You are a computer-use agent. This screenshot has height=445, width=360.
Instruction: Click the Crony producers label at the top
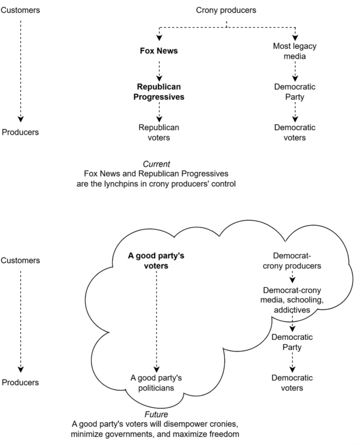pyautogui.click(x=226, y=10)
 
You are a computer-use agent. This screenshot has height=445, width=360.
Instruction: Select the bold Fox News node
pyautogui.click(x=159, y=51)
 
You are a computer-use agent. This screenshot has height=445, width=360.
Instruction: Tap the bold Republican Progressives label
pyautogui.click(x=159, y=92)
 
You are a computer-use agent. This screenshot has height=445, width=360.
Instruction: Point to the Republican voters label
pyautogui.click(x=159, y=132)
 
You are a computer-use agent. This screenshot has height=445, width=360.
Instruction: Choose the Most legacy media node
pyautogui.click(x=294, y=51)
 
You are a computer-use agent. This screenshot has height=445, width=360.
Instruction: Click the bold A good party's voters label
pyautogui.click(x=156, y=261)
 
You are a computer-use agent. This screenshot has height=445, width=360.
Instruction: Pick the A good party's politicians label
pyautogui.click(x=156, y=383)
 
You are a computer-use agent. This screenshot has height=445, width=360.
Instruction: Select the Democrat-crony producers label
pyautogui.click(x=292, y=261)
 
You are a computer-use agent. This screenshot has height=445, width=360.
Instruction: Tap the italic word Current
pyautogui.click(x=156, y=164)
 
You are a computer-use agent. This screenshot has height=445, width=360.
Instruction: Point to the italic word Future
pyautogui.click(x=156, y=414)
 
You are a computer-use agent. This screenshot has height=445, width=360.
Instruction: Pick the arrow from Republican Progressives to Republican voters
pyautogui.click(x=159, y=112)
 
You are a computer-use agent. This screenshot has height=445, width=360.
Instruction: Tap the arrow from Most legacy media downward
pyautogui.click(x=295, y=71)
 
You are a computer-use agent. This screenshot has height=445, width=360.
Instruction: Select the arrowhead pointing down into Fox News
pyautogui.click(x=159, y=38)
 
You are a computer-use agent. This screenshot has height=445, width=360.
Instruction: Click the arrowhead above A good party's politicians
pyautogui.click(x=156, y=370)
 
